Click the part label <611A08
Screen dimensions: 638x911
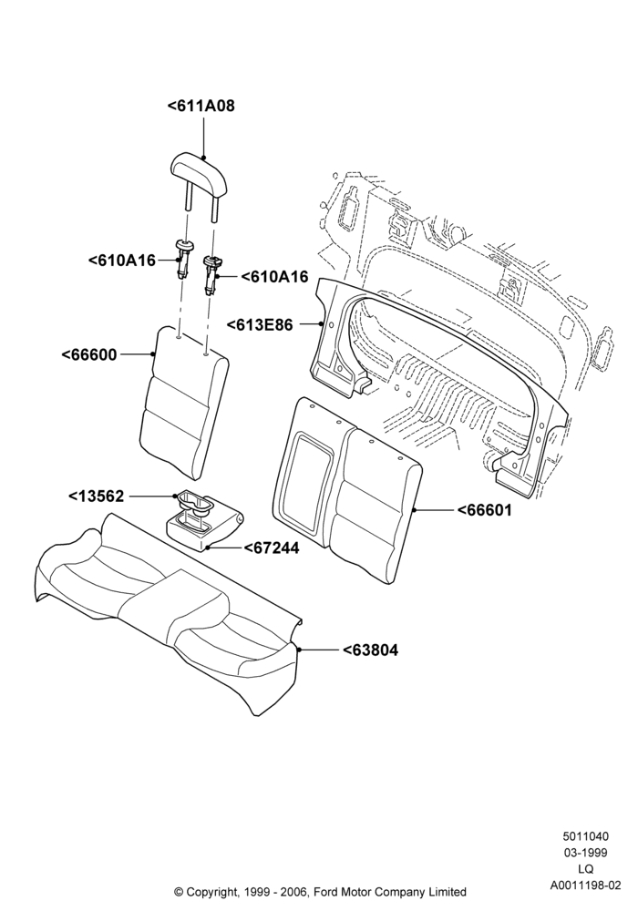pyautogui.click(x=201, y=107)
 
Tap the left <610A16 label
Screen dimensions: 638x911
pyautogui.click(x=122, y=261)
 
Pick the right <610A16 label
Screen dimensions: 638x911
pyautogui.click(x=274, y=277)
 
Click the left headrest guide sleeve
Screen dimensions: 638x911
pyautogui.click(x=183, y=260)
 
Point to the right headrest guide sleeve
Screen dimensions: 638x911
pyautogui.click(x=211, y=274)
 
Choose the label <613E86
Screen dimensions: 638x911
pyautogui.click(x=259, y=325)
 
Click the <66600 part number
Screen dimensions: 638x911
pyautogui.click(x=89, y=354)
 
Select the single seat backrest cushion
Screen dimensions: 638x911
pyautogui.click(x=184, y=401)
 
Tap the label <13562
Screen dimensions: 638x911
pyautogui.click(x=97, y=496)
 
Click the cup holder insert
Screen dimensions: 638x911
pyautogui.click(x=195, y=505)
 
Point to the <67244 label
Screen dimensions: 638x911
pyautogui.click(x=272, y=548)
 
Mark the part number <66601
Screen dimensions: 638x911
pyautogui.click(x=485, y=510)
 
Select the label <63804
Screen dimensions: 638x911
pyautogui.click(x=370, y=650)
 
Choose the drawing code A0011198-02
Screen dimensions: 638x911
pyautogui.click(x=586, y=885)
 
